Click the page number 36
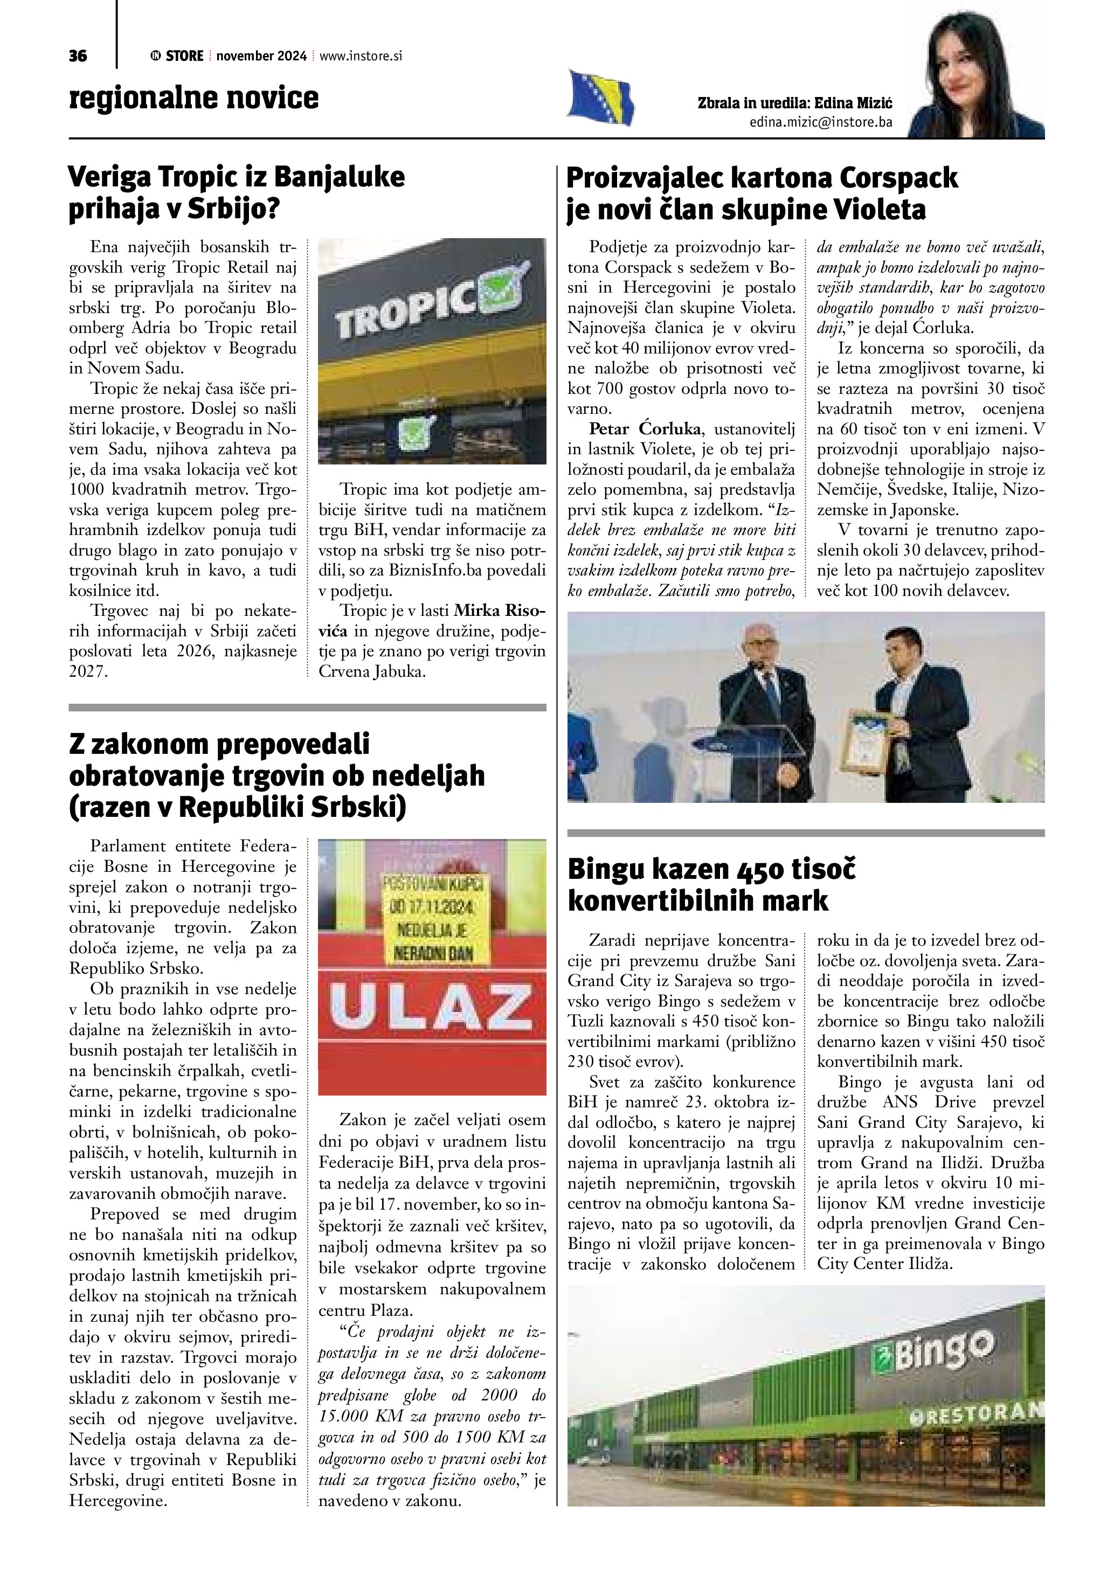78,56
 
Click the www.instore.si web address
361,56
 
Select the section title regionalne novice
194,98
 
